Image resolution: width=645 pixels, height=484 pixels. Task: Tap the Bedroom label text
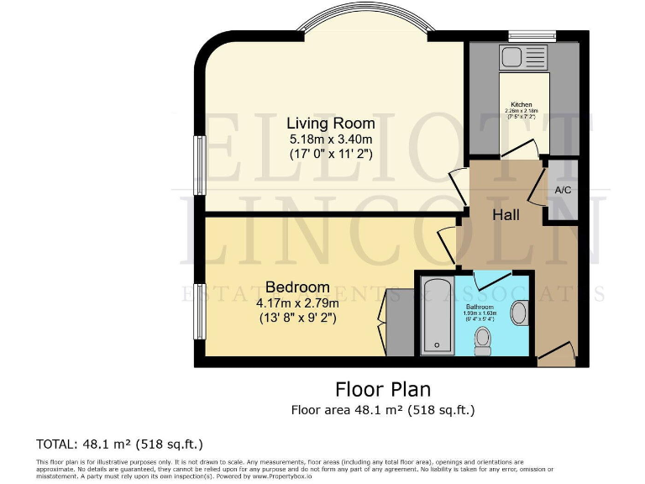pyautogui.click(x=298, y=287)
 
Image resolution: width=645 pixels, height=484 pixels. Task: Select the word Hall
pyautogui.click(x=506, y=214)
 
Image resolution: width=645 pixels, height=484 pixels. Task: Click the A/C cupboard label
pyautogui.click(x=563, y=190)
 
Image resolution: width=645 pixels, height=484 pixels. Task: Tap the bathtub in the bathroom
pyautogui.click(x=437, y=314)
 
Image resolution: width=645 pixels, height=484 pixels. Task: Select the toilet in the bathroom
pyautogui.click(x=483, y=340)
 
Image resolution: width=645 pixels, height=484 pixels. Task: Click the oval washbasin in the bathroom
pyautogui.click(x=519, y=313)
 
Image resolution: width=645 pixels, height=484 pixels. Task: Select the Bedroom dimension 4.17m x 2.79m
pyautogui.click(x=297, y=302)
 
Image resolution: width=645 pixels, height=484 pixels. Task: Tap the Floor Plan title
pyautogui.click(x=383, y=389)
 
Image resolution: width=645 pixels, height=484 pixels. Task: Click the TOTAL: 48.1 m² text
pyautogui.click(x=119, y=444)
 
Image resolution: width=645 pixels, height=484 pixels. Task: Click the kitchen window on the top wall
pyautogui.click(x=532, y=35)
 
